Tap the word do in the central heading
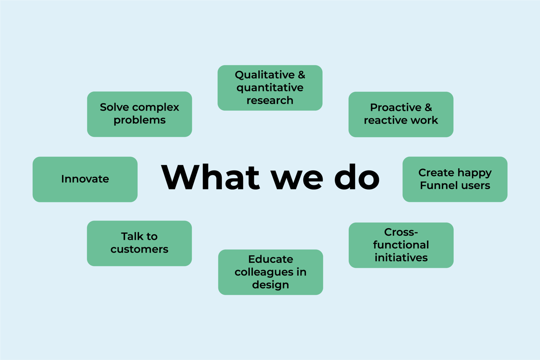coord(357,177)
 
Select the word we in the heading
coord(297,180)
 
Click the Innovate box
coord(85,179)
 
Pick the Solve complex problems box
coord(139,114)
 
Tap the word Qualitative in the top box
coord(265,75)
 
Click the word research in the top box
coord(270,100)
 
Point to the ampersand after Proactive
coord(428,108)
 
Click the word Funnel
coord(436,185)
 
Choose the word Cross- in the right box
coord(401,232)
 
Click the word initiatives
coord(401,258)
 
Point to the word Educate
coord(271,259)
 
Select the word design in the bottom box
coord(270,285)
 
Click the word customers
coord(139,249)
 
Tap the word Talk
coord(130,236)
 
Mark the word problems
coord(139,121)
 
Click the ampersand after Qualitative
coord(301,75)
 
